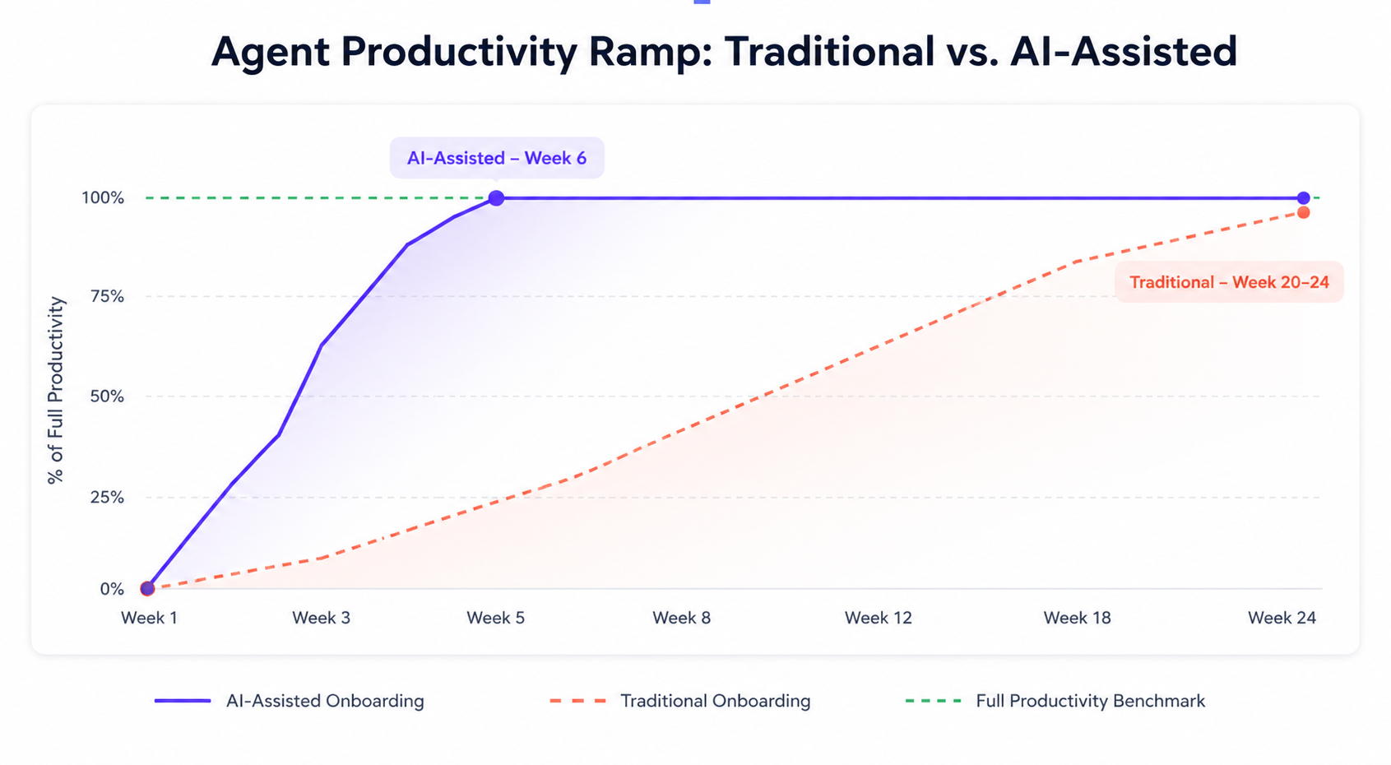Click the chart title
[724, 52]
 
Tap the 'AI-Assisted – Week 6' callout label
[497, 158]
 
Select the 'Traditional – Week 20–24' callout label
[1230, 282]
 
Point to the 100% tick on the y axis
[103, 198]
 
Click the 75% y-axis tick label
[107, 296]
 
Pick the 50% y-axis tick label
[107, 396]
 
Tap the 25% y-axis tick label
[107, 498]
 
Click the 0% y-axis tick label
[112, 589]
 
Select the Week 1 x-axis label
[149, 618]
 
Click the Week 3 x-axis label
[321, 618]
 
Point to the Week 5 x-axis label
[495, 618]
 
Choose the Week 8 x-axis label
[681, 618]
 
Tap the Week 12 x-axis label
[878, 618]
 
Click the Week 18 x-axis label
[1077, 618]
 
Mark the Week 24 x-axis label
[1282, 618]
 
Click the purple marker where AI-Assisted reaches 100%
[496, 198]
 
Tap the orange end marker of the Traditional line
[1304, 213]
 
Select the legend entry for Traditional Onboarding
[680, 701]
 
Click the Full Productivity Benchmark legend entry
[1055, 701]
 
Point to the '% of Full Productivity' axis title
[56, 390]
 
